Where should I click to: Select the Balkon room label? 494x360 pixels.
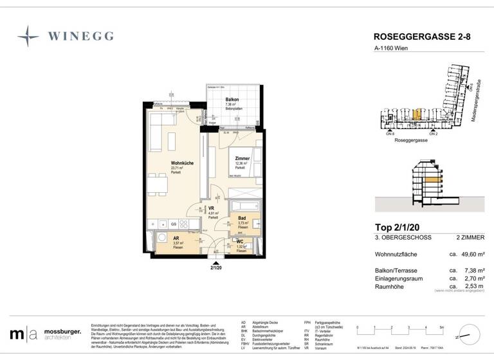tap(232, 100)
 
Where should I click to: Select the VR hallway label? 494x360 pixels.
tap(211, 208)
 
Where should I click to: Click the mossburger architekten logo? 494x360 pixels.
tap(46, 334)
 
